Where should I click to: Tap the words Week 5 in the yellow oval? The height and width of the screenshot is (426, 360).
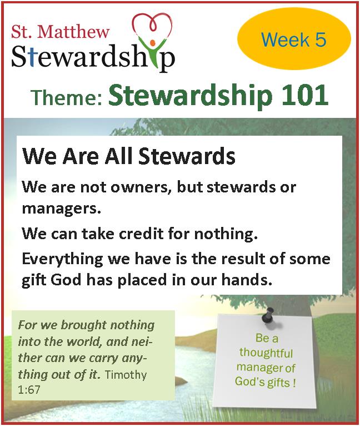(x=293, y=39)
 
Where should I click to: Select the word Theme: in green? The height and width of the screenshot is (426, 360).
(x=67, y=97)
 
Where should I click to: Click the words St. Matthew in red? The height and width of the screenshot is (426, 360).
(x=60, y=32)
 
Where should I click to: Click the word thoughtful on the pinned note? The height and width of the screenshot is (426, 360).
(x=266, y=353)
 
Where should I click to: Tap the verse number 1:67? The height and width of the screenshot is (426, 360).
(x=29, y=390)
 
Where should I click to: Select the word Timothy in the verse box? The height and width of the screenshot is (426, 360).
(x=126, y=375)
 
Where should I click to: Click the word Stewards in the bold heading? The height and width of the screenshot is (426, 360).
(x=187, y=156)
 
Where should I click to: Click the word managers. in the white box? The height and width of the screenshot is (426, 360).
(x=61, y=209)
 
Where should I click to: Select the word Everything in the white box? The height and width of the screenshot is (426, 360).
(x=62, y=259)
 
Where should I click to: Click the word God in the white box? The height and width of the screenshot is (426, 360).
(x=66, y=280)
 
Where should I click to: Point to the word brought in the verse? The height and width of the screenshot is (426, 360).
(x=84, y=325)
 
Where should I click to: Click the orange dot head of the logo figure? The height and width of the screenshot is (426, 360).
(x=153, y=43)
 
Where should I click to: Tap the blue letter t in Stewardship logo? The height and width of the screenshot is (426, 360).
(x=32, y=57)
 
